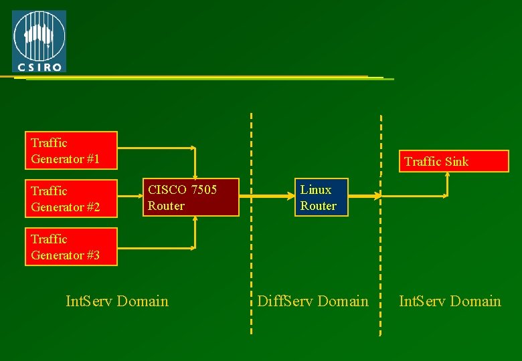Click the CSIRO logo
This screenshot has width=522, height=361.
click(x=39, y=41)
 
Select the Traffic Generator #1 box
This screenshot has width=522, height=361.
click(x=71, y=150)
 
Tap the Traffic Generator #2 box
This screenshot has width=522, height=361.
click(x=71, y=199)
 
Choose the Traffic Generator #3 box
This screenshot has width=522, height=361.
click(x=71, y=247)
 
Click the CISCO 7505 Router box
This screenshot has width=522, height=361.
click(x=193, y=197)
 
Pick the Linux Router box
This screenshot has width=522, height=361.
click(x=322, y=197)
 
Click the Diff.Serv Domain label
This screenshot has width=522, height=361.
click(x=313, y=302)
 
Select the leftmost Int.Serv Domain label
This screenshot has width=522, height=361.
click(x=117, y=302)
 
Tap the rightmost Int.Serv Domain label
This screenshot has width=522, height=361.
click(x=450, y=302)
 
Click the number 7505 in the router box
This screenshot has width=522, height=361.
click(x=204, y=190)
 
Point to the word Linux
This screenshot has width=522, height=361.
click(x=316, y=190)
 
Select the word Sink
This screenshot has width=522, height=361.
click(x=455, y=161)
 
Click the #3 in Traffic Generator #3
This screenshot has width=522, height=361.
click(x=92, y=255)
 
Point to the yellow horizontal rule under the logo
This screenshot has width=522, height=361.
click(x=201, y=78)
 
